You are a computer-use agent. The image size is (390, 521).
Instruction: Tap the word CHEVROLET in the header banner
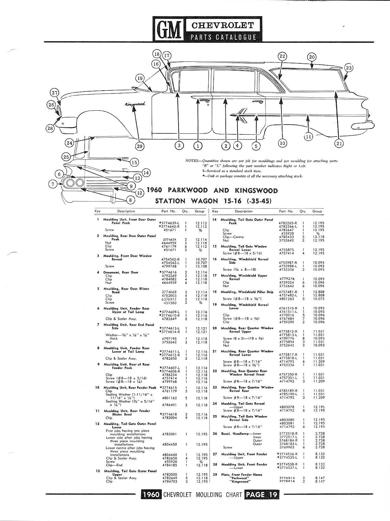pos(223,25)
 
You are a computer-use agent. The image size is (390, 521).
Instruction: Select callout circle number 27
pos(55,93)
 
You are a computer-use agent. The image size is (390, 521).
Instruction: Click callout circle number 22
pos(282,56)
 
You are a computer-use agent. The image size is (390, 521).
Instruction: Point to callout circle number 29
pos(140,146)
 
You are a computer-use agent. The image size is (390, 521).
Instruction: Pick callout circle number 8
pos(130,200)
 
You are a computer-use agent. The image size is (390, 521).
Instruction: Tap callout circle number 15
pos(135,163)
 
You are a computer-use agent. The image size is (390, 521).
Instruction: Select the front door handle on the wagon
pos(204,102)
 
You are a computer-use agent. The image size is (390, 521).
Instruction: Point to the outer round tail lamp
pos(70,183)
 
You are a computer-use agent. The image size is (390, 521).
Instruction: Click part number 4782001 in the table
pos(169,434)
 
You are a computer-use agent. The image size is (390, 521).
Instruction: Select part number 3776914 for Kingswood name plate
pos(286,481)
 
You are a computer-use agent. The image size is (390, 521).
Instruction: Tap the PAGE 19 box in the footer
pos(261,495)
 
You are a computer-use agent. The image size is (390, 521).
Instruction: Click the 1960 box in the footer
pos(151,495)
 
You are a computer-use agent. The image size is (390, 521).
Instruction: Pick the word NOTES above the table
pos(192,161)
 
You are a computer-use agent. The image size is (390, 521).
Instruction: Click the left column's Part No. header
pos(168,211)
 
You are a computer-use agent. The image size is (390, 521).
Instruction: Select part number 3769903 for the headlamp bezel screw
pos(286,447)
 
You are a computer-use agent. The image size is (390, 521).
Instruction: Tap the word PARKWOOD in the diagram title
pos(188,190)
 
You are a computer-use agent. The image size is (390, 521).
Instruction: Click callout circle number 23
pos(349,68)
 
